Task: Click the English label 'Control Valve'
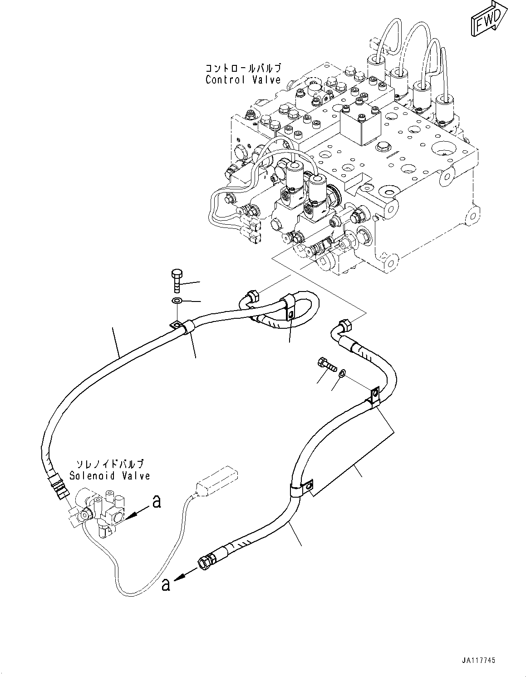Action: (x=243, y=80)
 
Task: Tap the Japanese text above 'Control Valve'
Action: (x=243, y=69)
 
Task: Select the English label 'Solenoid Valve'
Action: (x=110, y=476)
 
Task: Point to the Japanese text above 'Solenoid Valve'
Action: (x=110, y=464)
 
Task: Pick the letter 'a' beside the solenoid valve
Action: (x=157, y=502)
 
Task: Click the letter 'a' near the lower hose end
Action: (x=166, y=585)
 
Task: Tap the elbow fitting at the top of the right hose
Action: (x=344, y=327)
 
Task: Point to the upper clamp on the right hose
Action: (x=374, y=396)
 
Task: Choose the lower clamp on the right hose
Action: (x=300, y=489)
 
